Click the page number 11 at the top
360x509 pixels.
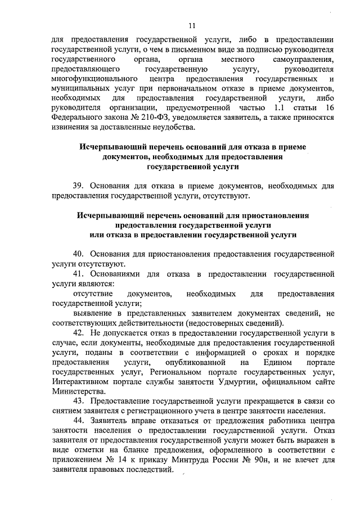coord(192,25)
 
